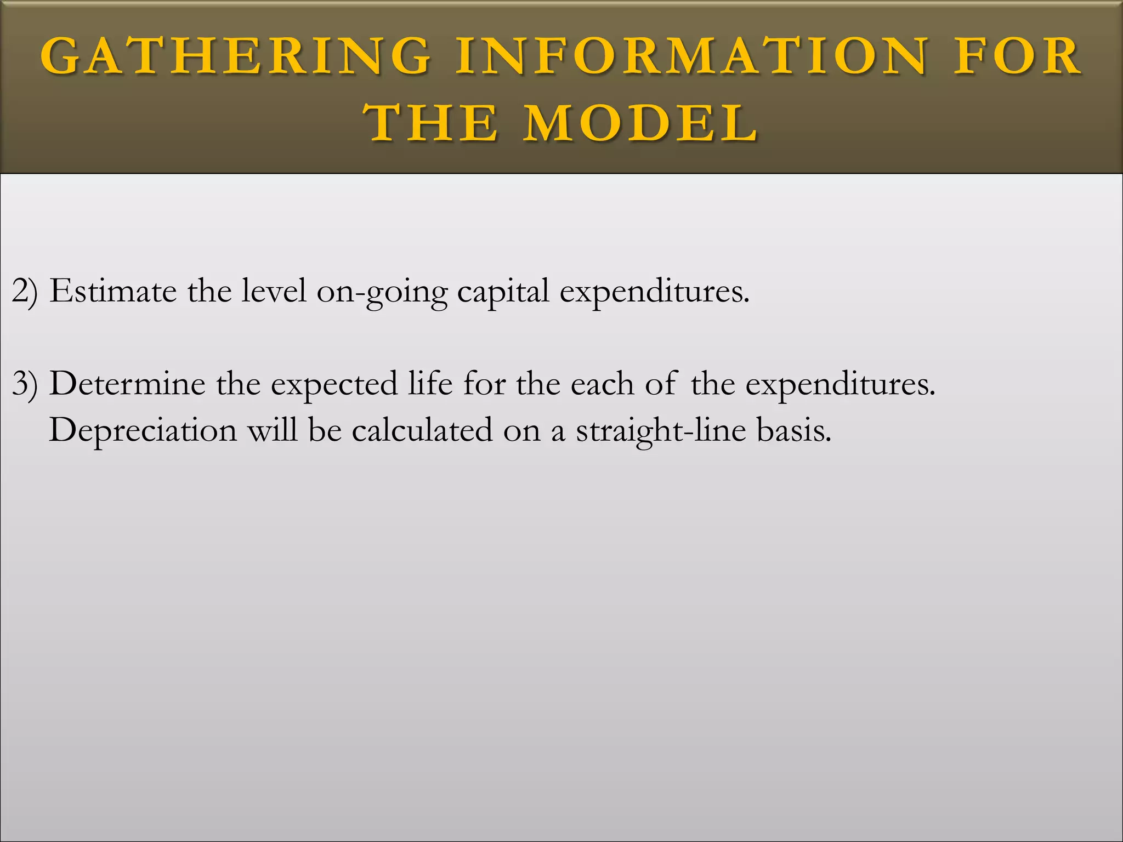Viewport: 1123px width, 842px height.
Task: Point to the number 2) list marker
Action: (x=25, y=291)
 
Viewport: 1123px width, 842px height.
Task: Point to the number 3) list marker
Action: (x=25, y=384)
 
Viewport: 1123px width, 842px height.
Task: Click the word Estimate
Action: (x=112, y=291)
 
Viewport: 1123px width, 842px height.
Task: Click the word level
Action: (x=274, y=291)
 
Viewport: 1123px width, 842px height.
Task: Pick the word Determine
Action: (x=127, y=384)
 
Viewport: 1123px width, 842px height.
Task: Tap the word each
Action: (x=602, y=384)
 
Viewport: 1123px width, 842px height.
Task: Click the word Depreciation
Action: (x=143, y=430)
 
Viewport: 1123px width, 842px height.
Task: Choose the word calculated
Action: (x=422, y=430)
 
